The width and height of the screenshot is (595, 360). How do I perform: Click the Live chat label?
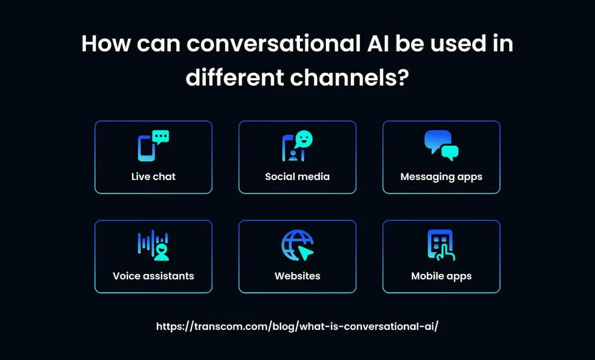(153, 177)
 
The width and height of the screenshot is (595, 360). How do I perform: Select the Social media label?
(297, 177)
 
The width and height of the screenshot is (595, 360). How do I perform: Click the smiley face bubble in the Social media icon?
(303, 139)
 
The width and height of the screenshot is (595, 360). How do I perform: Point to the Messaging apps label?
(441, 177)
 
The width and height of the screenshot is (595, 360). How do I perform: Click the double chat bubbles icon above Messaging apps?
(441, 145)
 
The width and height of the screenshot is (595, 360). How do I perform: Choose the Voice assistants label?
(153, 276)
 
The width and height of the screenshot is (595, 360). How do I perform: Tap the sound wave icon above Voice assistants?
(153, 245)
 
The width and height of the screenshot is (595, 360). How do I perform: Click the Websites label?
(297, 276)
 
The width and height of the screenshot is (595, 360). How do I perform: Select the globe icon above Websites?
(296, 244)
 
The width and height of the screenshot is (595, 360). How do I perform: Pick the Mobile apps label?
(441, 276)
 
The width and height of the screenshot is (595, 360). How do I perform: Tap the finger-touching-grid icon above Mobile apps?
(441, 245)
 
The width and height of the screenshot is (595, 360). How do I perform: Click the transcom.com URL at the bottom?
(297, 326)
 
